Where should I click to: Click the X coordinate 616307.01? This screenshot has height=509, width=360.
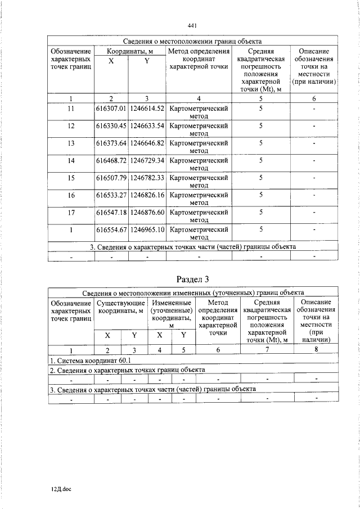[x=111, y=108]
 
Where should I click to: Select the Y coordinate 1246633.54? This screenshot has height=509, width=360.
[x=147, y=125]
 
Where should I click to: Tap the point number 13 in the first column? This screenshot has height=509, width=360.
[x=71, y=143]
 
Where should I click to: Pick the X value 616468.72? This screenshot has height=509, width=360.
[x=111, y=160]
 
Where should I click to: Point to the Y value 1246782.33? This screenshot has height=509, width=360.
[x=147, y=178]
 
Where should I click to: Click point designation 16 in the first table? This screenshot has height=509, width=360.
[x=71, y=195]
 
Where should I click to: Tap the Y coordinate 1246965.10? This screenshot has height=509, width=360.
[x=147, y=229]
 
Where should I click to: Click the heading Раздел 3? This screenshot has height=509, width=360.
[x=192, y=279]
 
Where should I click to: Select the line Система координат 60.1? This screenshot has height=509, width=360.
[x=90, y=359]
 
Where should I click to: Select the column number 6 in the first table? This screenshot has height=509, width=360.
[x=314, y=98]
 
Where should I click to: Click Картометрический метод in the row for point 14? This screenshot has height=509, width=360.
[x=199, y=164]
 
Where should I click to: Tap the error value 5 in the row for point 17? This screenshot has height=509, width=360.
[x=261, y=212]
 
